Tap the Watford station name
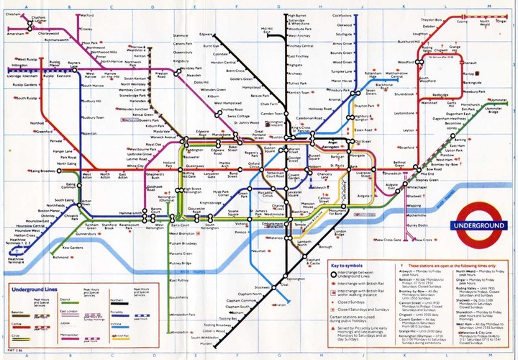[x=88, y=15]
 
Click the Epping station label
[x=462, y=22]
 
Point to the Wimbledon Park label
[x=186, y=315]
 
